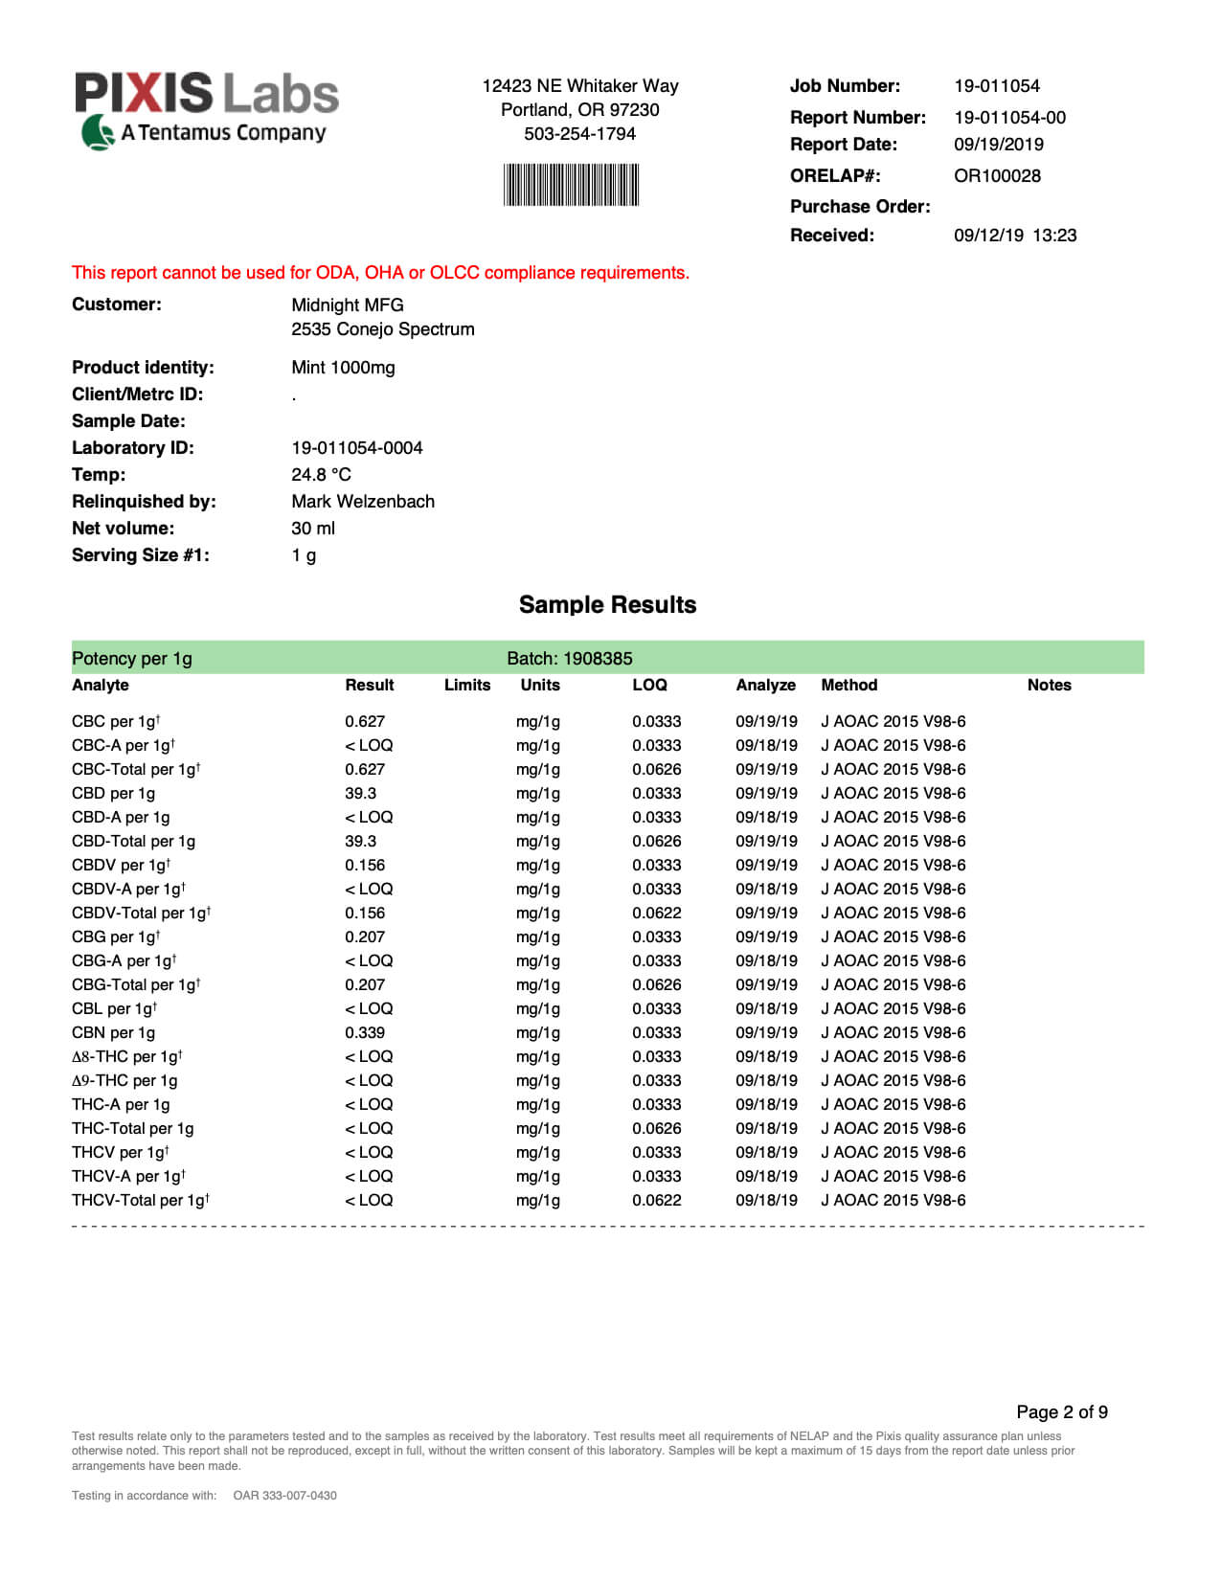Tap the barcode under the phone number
coord(571,185)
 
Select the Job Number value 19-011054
coord(996,86)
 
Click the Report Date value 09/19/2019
coord(998,145)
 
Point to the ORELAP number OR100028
coord(996,176)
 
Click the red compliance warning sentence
coord(380,273)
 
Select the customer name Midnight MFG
coord(347,305)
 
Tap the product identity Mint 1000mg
coord(343,368)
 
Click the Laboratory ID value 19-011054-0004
coord(356,448)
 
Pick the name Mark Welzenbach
coord(362,502)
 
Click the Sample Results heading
coord(607,605)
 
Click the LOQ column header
coord(649,686)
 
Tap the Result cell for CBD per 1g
coord(360,794)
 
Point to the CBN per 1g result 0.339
coord(364,1033)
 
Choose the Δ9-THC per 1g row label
coord(124,1081)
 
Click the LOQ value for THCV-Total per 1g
coord(656,1201)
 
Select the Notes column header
coord(1049,686)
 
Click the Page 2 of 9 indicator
coord(1061,1412)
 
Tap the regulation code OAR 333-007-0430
coord(284,1496)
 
